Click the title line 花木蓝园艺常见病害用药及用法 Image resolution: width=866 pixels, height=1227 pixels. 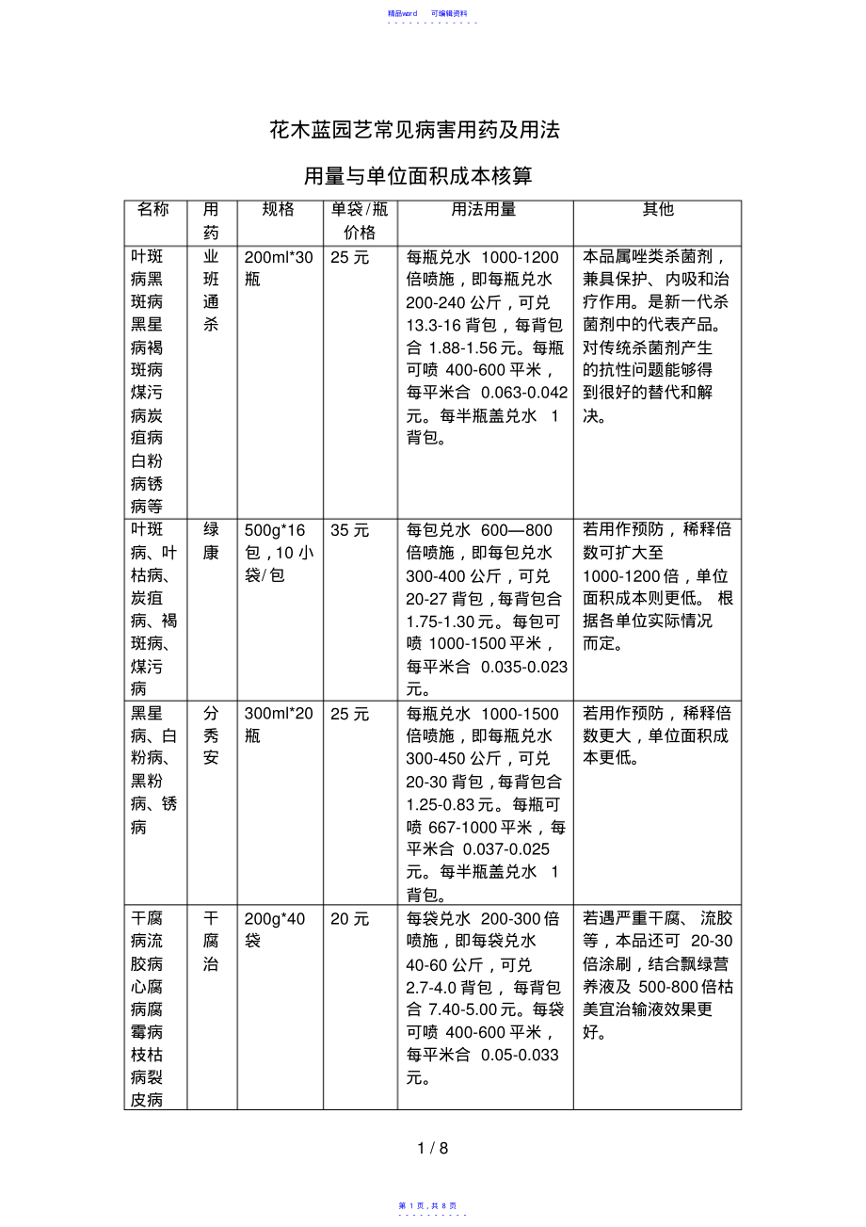click(x=414, y=130)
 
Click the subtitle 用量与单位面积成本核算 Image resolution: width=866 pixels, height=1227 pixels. click(x=418, y=176)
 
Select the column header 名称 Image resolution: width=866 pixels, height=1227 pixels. click(x=153, y=210)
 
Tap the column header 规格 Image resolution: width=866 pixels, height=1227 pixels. click(x=279, y=210)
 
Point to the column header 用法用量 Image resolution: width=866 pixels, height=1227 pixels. click(x=484, y=210)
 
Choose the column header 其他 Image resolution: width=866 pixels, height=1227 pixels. click(x=658, y=210)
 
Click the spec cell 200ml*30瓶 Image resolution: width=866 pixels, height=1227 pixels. click(x=278, y=268)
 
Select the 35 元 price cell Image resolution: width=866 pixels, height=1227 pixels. click(x=350, y=530)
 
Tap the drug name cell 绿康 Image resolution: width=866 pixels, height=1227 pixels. click(x=211, y=541)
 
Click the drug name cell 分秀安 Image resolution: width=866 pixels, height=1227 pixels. click(x=211, y=736)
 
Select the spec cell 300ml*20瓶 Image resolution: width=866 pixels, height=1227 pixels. click(x=278, y=725)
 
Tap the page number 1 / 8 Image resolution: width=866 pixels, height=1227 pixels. click(x=433, y=1148)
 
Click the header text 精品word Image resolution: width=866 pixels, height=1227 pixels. click(x=402, y=13)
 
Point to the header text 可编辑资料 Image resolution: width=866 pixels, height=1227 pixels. click(x=449, y=13)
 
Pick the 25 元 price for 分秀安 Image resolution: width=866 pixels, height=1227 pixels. click(x=350, y=714)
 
